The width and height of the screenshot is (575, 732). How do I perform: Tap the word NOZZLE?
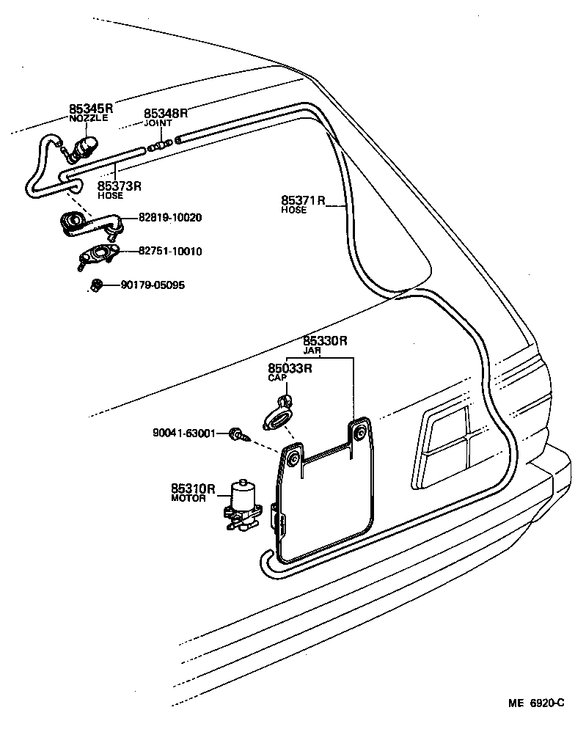88,119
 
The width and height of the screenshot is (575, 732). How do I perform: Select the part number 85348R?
166,113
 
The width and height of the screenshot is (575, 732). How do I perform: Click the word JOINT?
157,123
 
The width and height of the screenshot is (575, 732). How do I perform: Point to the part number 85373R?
119,186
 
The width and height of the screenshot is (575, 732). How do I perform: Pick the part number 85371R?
303,200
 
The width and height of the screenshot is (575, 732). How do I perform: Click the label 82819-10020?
170,218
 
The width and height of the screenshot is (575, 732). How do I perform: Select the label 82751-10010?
170,252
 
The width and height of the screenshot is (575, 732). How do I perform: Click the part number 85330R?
325,341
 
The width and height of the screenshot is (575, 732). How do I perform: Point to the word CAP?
276,378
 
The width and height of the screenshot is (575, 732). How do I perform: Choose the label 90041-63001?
184,433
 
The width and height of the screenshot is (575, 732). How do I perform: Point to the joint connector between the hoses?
160,144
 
